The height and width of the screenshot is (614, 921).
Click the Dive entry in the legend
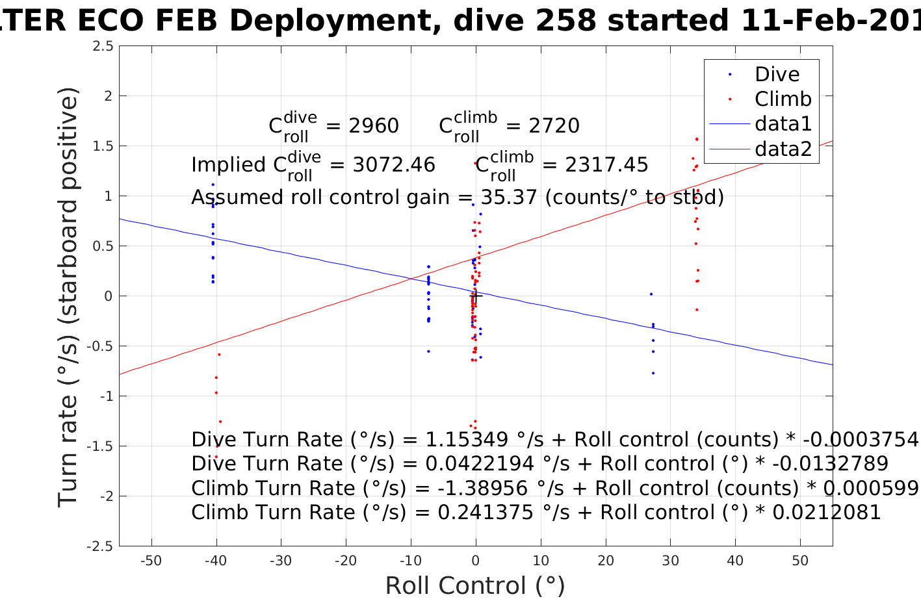pos(777,74)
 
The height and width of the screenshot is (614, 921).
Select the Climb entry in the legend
pos(783,99)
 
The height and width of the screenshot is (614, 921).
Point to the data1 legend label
pos(783,124)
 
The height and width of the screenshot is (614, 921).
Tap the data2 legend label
pos(783,149)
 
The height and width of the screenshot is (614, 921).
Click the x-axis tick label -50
pos(151,561)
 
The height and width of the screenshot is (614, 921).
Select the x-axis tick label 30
pos(670,561)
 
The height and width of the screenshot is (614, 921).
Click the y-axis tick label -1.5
pos(103,446)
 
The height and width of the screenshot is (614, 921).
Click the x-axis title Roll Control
pos(475,586)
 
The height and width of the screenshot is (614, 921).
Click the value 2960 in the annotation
pos(374,126)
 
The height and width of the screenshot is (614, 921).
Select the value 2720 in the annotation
pos(554,126)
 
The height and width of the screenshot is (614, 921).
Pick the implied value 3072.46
pos(394,165)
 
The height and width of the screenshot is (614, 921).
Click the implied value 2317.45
pos(606,165)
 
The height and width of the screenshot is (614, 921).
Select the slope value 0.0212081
pos(826,513)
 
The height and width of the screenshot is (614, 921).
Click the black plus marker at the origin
pos(476,296)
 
